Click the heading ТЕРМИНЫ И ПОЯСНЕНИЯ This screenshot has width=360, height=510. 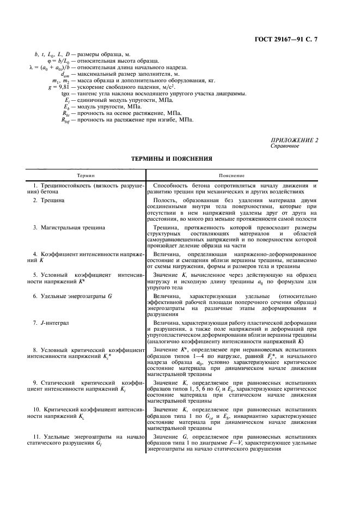pos(172,159)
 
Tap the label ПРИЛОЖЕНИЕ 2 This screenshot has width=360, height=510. pos(294,141)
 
